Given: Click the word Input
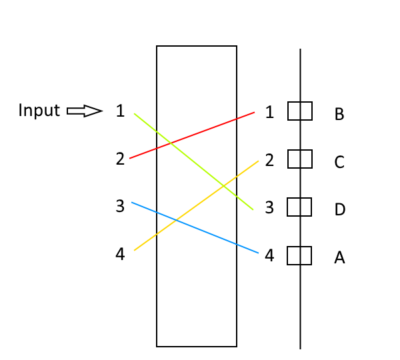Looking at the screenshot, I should pos(39,111).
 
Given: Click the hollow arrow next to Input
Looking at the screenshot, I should pos(84,111).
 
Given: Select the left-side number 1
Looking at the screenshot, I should pos(120,111).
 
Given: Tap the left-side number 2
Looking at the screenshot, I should pos(120,159).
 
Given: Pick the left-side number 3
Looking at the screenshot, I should pos(120,207).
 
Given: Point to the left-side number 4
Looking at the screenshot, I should pos(120,254).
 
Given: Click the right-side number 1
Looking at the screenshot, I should pos(269,112).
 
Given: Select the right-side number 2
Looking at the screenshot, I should pos(269,160).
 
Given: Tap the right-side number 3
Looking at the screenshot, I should pos(269,208).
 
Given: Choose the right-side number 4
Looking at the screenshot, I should pos(269,255).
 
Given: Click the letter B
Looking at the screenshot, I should pos(339,115).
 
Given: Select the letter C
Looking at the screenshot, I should pos(339,163).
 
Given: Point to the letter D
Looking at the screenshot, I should pos(339,210).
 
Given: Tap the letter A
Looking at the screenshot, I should pos(339,257).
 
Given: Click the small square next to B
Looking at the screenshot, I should pos(300,111).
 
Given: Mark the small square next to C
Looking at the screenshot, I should pos(300,159).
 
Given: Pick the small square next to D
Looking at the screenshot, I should pos(300,207).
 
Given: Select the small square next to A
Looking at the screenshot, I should pos(300,255).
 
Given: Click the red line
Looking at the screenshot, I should pos(192,135).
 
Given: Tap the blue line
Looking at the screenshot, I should pos(195,227).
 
